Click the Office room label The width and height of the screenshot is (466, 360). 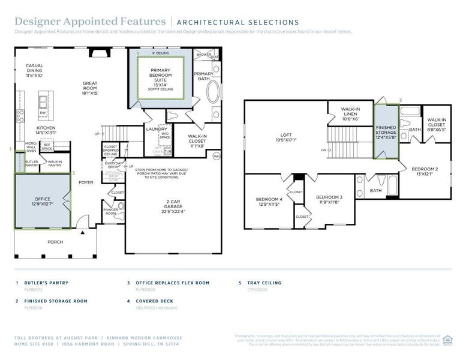click(43, 201)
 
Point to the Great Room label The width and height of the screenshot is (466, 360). click(90, 87)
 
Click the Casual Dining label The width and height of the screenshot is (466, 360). click(34, 70)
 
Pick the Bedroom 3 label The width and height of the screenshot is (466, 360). click(329, 200)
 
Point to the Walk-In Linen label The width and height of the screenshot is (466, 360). click(350, 114)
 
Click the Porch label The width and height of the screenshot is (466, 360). click(55, 242)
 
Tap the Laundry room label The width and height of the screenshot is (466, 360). click(157, 129)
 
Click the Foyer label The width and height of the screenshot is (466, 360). click(86, 182)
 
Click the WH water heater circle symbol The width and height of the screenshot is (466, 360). click(217, 157)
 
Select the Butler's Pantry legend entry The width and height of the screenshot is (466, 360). click(46, 283)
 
